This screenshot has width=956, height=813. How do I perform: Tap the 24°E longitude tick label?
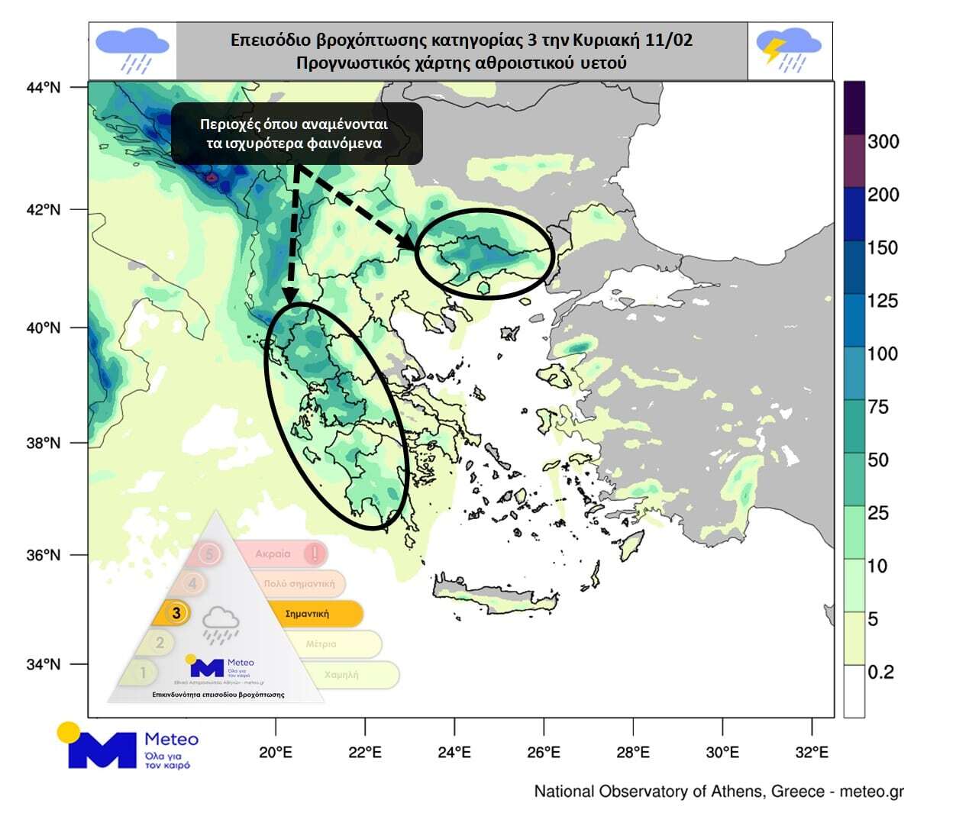(x=454, y=752)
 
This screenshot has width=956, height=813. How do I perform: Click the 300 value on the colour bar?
(x=883, y=141)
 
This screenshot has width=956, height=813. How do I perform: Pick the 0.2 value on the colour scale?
(x=880, y=672)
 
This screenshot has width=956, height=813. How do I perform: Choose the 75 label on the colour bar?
(x=878, y=407)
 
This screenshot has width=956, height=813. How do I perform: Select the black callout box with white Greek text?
(x=296, y=134)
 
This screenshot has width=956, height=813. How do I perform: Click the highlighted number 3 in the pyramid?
(x=176, y=613)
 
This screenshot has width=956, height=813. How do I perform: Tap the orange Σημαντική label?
(x=307, y=613)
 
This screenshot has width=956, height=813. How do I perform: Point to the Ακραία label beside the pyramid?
(x=273, y=553)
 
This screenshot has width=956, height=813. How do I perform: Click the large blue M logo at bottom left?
(x=101, y=750)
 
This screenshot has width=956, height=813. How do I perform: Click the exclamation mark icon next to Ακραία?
(x=315, y=553)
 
